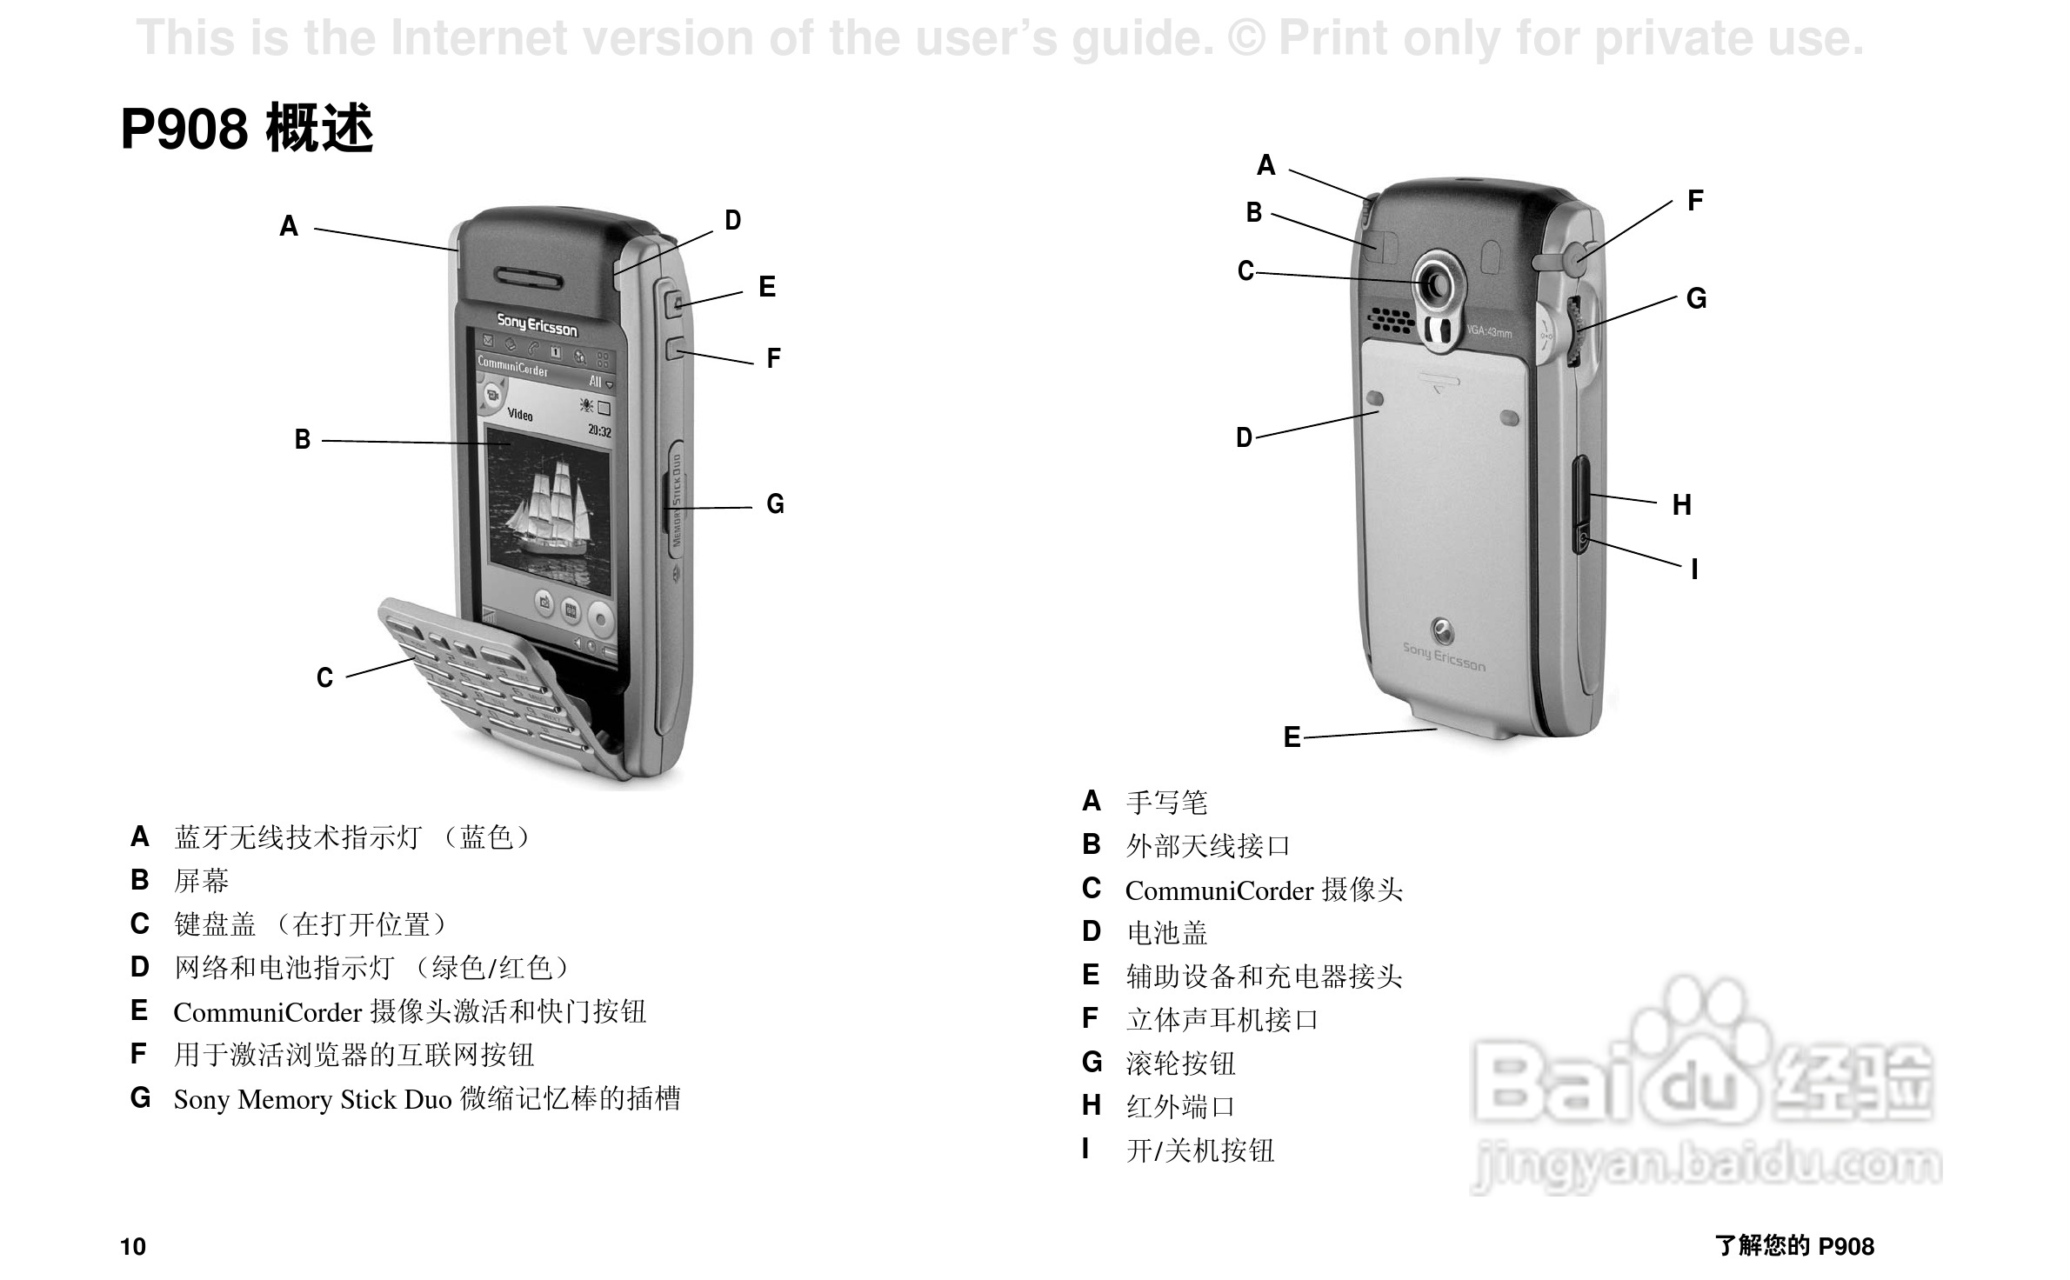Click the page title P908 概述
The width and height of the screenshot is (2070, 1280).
point(247,129)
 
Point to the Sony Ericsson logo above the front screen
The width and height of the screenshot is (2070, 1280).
point(537,325)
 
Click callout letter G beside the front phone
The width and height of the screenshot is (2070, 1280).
point(775,504)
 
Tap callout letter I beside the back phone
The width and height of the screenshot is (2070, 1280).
point(1694,570)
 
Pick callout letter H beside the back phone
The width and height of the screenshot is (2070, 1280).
point(1682,505)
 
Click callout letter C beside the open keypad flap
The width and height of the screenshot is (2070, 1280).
point(324,678)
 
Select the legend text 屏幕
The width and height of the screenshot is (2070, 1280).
point(201,881)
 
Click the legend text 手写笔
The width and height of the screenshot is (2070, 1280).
point(1166,802)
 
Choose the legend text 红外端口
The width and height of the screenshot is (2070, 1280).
point(1180,1107)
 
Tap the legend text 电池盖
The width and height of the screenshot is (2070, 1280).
point(1166,933)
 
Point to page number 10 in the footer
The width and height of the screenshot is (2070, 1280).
point(133,1247)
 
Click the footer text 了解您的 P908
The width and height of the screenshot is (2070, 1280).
point(1794,1246)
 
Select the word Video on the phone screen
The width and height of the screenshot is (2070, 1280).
point(520,415)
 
